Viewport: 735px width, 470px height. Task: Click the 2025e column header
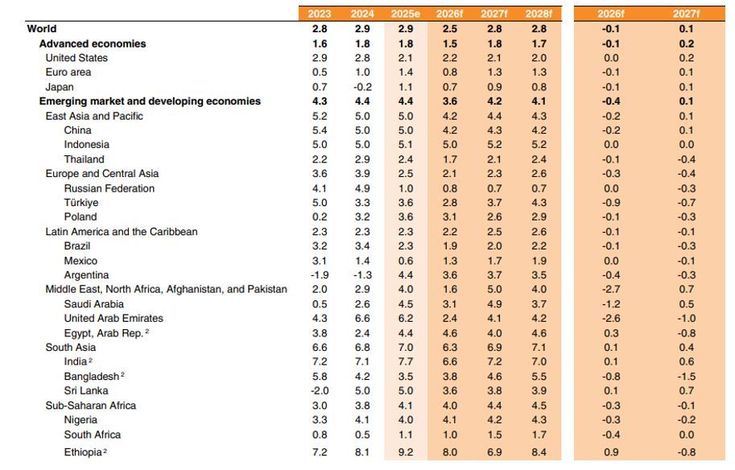(406, 14)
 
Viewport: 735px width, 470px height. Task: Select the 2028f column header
(539, 14)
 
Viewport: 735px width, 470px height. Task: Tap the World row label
(42, 29)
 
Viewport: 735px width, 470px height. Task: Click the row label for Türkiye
(81, 203)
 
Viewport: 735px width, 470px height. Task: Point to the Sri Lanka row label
(86, 390)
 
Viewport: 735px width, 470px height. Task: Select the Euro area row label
(68, 72)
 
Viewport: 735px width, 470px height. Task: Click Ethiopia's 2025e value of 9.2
(406, 452)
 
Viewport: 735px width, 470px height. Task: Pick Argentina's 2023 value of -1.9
(320, 275)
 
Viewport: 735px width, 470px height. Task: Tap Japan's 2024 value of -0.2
(362, 87)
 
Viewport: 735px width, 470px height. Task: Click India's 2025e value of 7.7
(406, 361)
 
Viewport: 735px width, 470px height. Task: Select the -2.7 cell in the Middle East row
(611, 289)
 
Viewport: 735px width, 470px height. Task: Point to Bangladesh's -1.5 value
(686, 377)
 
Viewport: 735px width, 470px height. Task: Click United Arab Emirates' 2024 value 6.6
(362, 318)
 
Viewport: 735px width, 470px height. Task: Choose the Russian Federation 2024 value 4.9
(362, 188)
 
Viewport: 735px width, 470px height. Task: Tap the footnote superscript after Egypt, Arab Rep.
(147, 331)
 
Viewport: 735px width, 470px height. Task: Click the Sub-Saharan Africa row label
(90, 406)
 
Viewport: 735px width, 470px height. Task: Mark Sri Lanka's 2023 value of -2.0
(320, 390)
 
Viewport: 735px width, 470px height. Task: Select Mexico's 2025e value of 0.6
(406, 261)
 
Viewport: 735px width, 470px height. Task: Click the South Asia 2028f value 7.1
(539, 347)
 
